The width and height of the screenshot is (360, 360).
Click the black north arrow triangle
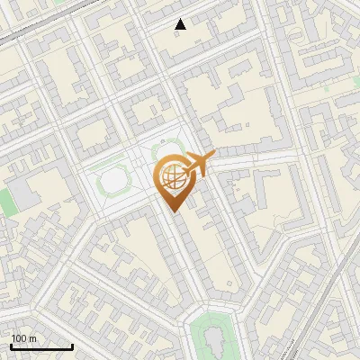tap(180, 24)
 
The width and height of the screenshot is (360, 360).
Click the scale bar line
tap(41, 347)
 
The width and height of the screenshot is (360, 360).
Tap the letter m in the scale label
tap(32, 338)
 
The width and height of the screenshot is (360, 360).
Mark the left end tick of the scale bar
tap(11, 346)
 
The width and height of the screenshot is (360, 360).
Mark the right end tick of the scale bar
tap(72, 346)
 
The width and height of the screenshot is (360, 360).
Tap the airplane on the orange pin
tap(196, 165)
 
